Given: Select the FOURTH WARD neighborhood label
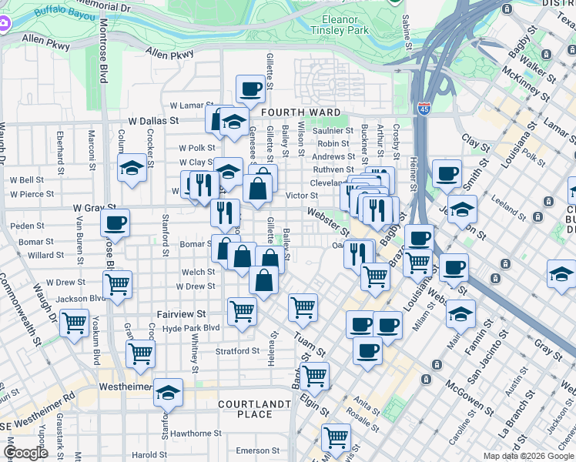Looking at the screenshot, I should (300, 112).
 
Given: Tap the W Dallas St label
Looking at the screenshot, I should (153, 121).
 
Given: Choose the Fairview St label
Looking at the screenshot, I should (182, 314).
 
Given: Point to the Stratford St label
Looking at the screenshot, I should (237, 351).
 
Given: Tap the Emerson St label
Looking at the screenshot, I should (257, 450).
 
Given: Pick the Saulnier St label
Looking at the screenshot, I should (333, 131).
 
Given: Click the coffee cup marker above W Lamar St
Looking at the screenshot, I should (250, 89).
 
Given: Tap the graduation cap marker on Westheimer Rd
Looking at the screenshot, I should (168, 393).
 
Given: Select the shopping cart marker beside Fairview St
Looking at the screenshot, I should (242, 311).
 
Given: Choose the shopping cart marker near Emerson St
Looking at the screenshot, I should (336, 437).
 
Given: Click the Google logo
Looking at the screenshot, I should (25, 453).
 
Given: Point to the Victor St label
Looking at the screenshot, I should (302, 196).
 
